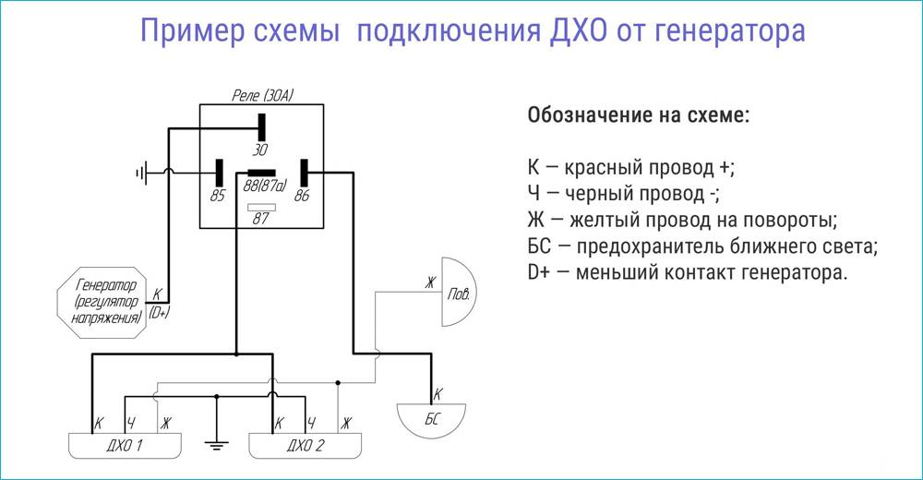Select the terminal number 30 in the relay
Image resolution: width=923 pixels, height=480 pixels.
(x=262, y=149)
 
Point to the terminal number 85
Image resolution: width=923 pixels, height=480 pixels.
(x=218, y=195)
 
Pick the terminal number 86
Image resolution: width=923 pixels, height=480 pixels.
(x=302, y=195)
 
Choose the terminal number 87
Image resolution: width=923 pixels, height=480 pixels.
(x=260, y=220)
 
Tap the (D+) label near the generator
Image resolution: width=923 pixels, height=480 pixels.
(x=159, y=313)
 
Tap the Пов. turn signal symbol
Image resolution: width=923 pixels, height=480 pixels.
(x=458, y=294)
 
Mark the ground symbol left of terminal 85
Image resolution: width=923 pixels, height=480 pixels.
(x=142, y=172)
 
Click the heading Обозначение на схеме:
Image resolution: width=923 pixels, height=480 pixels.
(x=638, y=117)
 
